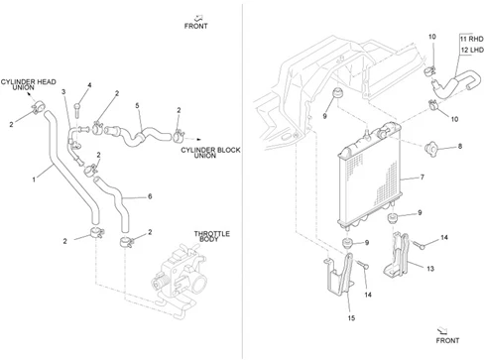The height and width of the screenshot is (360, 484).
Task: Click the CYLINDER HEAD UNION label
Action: click(29, 84)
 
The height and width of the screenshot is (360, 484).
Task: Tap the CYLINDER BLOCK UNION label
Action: click(210, 153)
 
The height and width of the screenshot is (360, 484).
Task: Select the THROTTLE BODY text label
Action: click(211, 236)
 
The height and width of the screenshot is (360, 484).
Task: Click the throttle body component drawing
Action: click(181, 281)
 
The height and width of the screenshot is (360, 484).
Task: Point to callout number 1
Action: click(34, 180)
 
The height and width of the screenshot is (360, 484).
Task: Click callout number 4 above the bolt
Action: click(89, 85)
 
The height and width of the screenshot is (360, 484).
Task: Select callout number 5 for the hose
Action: click(137, 106)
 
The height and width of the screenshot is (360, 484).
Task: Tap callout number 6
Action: click(150, 196)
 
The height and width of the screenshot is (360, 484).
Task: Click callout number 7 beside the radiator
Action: click(423, 178)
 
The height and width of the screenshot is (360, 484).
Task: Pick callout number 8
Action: click(460, 146)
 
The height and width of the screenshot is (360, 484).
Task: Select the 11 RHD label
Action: click(472, 39)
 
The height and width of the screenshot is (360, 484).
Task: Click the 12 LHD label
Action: click(472, 50)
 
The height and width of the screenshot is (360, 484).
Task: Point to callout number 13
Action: click(430, 269)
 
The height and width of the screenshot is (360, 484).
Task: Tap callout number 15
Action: click(351, 318)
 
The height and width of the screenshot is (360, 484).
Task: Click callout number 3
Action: click(63, 91)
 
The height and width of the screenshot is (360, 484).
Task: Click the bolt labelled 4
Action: click(77, 110)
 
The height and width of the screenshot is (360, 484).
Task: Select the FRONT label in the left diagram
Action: click(196, 26)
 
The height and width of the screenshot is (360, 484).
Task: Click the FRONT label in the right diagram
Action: click(447, 340)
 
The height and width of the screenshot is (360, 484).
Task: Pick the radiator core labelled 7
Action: click(370, 177)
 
